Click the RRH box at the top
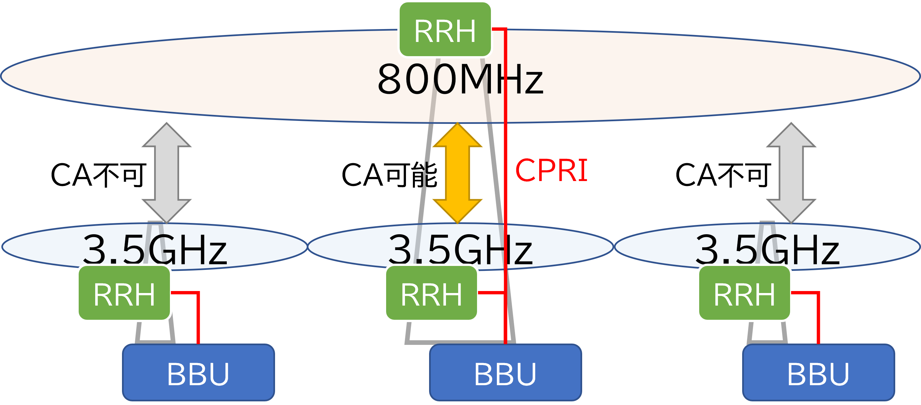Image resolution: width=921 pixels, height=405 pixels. tap(445, 30)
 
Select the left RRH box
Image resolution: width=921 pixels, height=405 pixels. tap(124, 293)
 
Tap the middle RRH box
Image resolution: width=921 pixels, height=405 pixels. tap(431, 293)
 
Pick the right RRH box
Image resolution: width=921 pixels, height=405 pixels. tap(744, 293)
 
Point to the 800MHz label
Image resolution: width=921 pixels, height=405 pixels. tap(460, 79)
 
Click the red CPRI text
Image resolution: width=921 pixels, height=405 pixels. tap(551, 171)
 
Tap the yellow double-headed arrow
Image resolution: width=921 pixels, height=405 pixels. tap(458, 173)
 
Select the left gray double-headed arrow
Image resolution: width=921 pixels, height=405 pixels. tap(167, 173)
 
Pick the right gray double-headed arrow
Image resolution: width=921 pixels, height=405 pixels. tap(791, 173)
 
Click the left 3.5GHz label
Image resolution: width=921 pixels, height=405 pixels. tap(155, 249)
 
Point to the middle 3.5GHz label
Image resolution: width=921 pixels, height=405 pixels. tap(460, 249)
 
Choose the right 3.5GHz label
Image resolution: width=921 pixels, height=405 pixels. tap(767, 249)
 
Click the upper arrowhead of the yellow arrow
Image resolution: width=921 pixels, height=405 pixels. tap(458, 136)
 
